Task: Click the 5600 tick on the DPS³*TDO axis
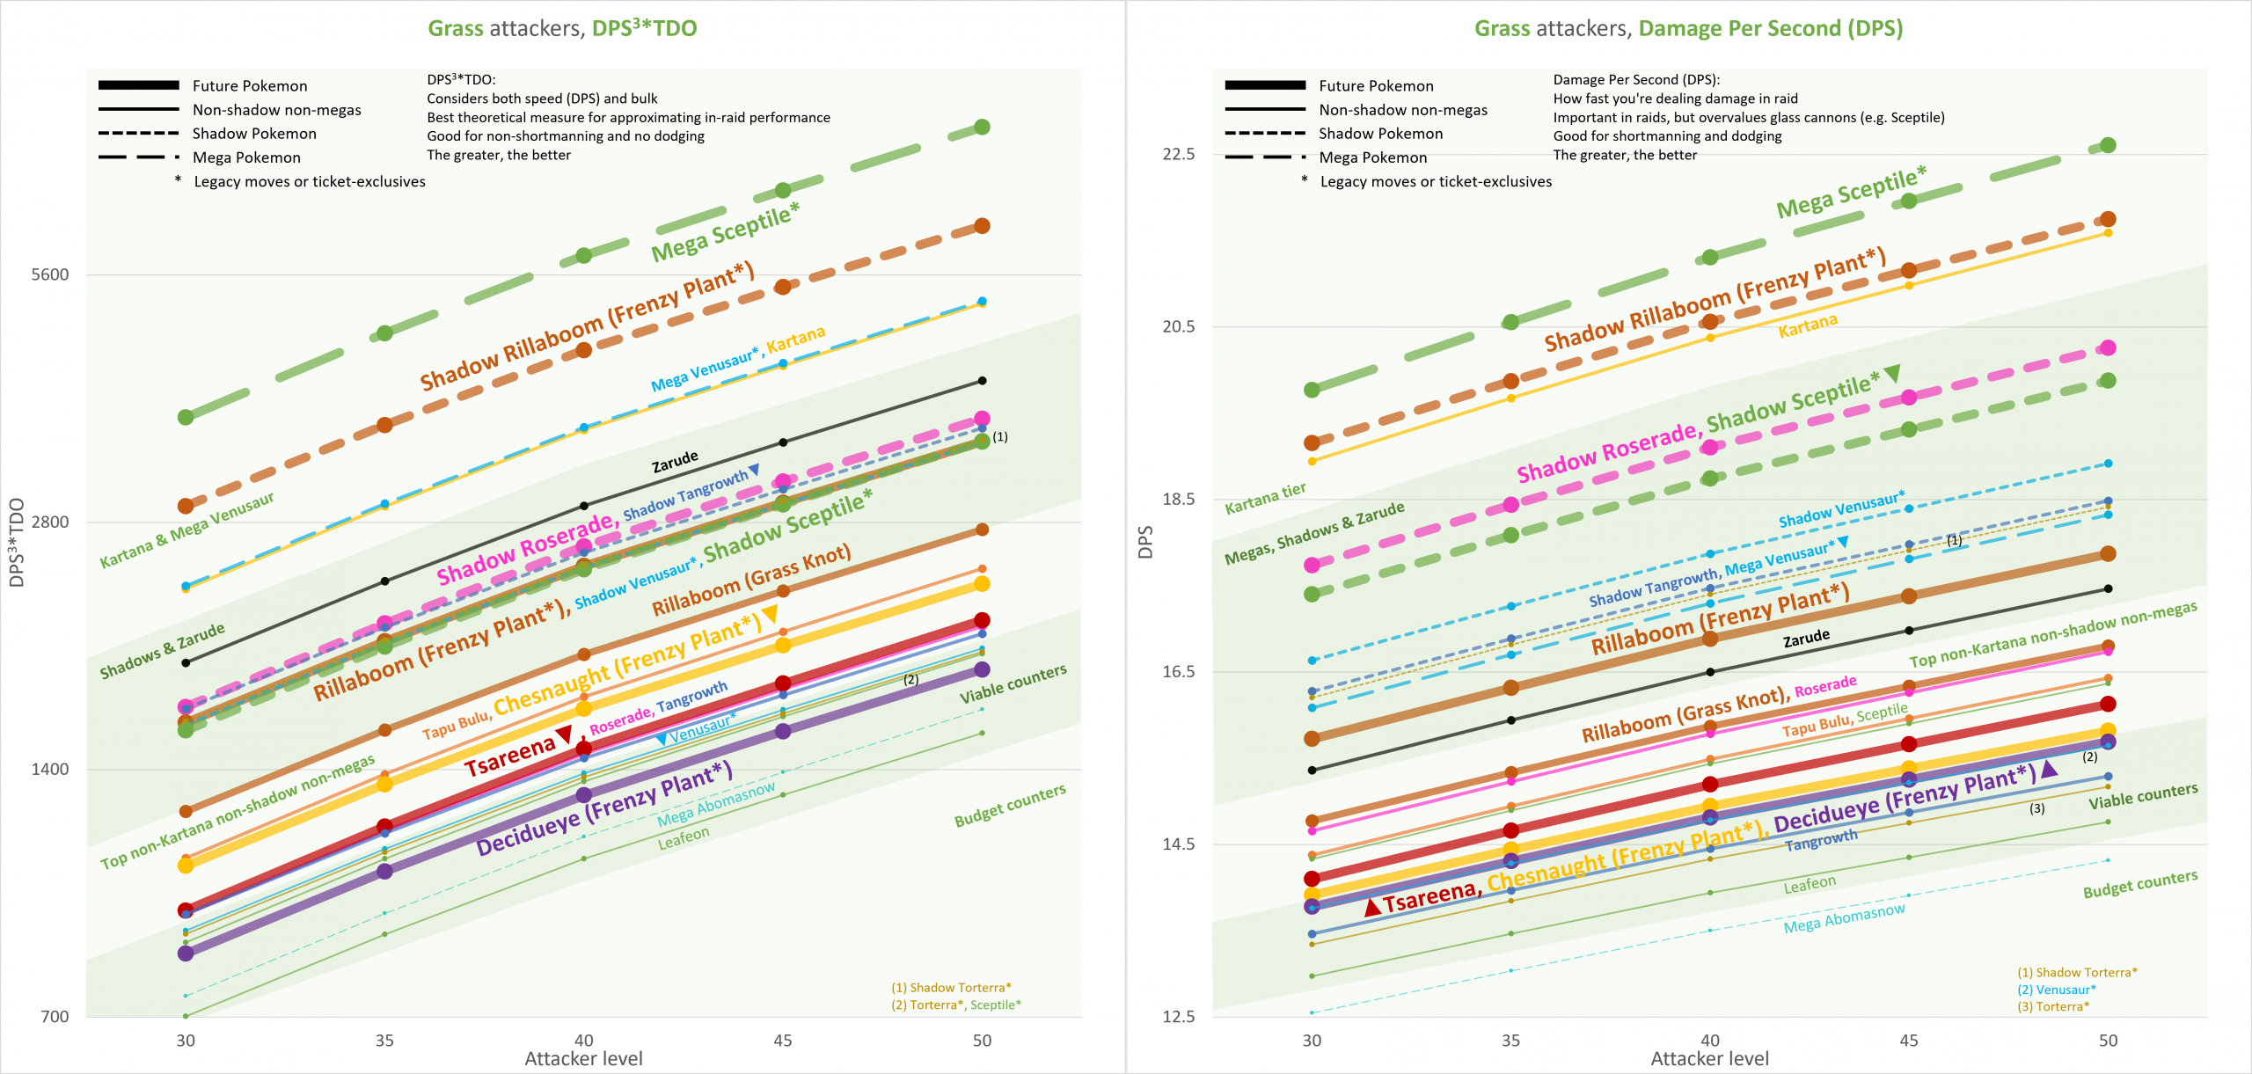49,274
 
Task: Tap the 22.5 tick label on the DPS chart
1178,154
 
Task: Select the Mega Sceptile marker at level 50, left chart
982,128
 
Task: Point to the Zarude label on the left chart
675,462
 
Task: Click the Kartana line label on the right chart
1807,326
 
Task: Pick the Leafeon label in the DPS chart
1809,885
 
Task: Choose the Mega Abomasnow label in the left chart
716,804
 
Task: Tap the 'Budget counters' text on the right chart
2139,883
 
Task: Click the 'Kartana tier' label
1265,498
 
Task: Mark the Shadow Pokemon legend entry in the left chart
254,134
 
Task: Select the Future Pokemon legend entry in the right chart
1376,85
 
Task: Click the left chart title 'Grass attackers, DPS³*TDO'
562,28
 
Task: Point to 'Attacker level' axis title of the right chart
1709,1058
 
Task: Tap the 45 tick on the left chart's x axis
783,1041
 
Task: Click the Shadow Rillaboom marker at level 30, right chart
1312,442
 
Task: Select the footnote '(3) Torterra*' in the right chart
2053,1006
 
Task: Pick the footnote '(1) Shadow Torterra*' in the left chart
951,988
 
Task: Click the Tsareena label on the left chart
510,756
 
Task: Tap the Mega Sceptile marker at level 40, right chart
1709,257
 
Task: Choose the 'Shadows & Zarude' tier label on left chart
162,652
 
